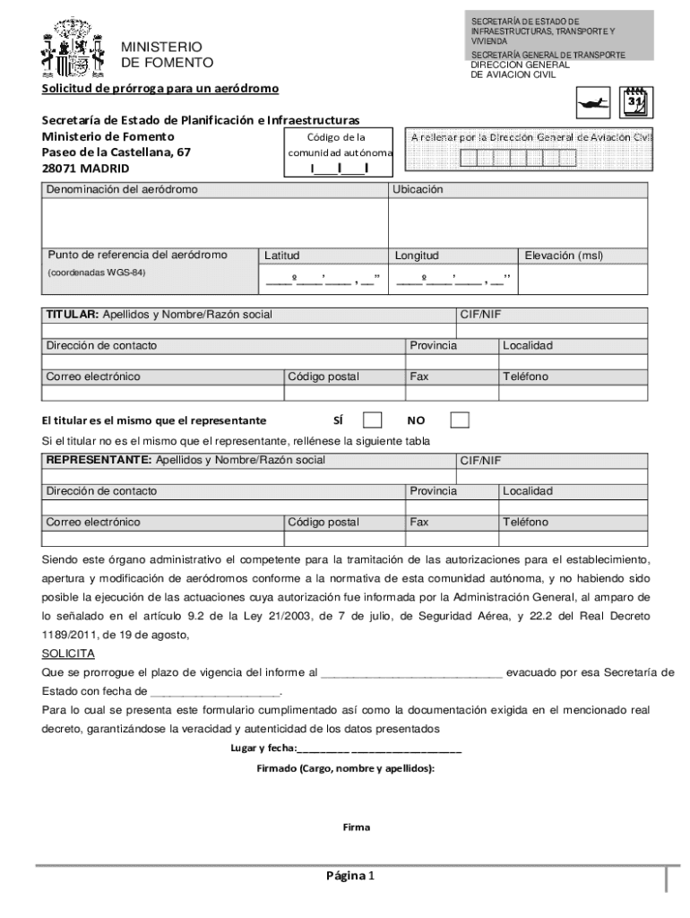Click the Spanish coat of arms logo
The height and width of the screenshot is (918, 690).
tap(73, 50)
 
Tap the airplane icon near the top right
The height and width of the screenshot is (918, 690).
tap(594, 102)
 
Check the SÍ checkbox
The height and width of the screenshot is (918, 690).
tap(372, 420)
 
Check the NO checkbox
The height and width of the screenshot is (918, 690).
tap(460, 420)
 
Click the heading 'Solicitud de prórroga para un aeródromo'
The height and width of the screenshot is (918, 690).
tap(160, 89)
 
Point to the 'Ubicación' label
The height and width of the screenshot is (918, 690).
tap(418, 190)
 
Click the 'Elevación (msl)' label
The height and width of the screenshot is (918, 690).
tap(564, 255)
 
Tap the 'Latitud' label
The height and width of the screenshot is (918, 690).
tap(282, 255)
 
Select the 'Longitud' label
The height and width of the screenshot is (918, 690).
tap(417, 255)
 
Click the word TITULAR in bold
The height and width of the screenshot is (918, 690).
tap(72, 315)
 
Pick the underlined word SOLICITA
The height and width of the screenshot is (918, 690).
tap(68, 654)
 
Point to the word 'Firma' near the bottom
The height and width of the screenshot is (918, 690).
tap(356, 827)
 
